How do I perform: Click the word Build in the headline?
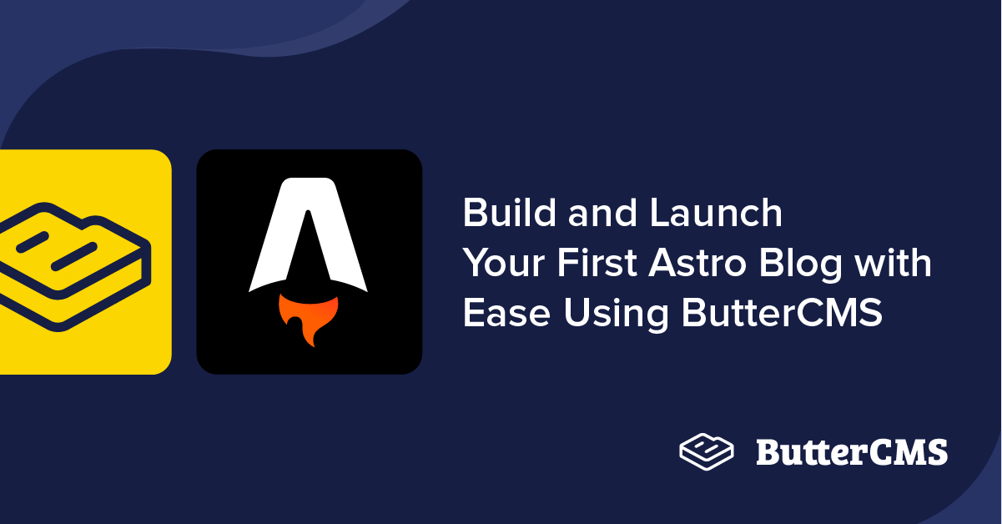509,213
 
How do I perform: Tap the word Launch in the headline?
716,213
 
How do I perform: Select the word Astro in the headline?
697,263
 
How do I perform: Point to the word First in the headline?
597,262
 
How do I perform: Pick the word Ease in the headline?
506,313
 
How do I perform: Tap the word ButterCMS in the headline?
782,312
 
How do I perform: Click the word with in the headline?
893,262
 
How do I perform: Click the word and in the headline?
602,213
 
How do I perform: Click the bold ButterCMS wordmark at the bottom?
852,452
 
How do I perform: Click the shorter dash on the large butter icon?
33,242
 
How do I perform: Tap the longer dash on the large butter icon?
74,256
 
